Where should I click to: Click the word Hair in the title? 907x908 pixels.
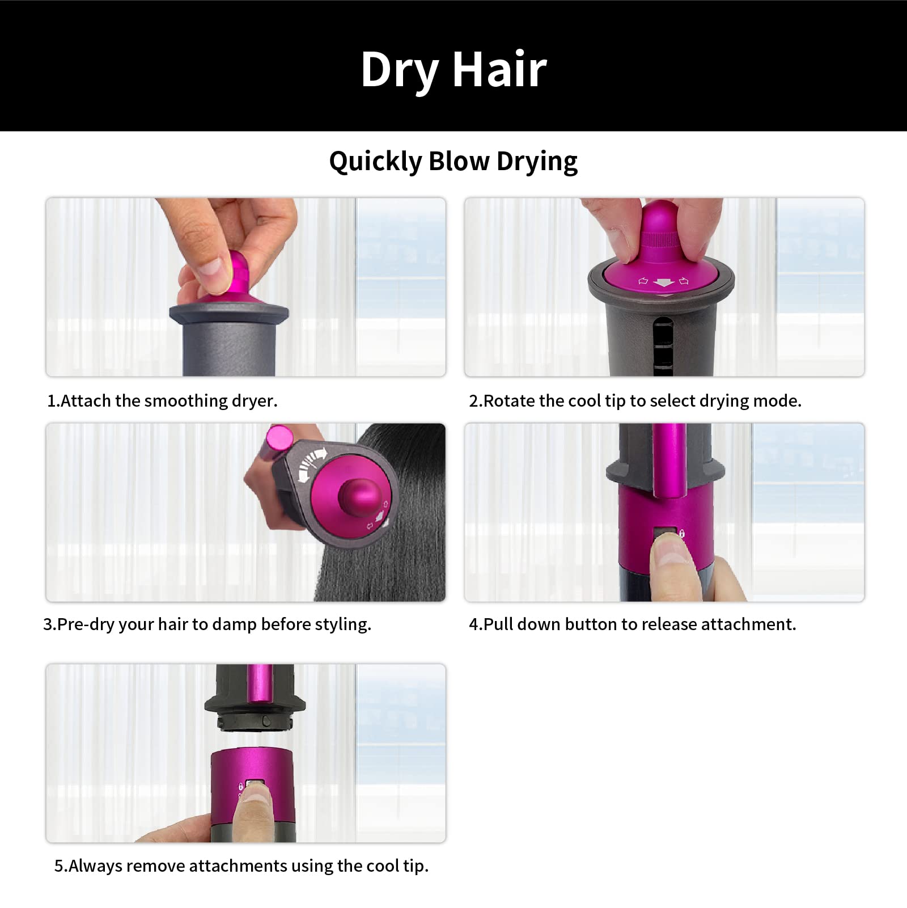click(499, 69)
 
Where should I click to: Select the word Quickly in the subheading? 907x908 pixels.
click(375, 162)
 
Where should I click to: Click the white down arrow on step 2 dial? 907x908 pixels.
click(663, 282)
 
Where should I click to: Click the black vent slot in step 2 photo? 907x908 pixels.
click(663, 346)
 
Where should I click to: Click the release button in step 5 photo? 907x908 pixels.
click(255, 785)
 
